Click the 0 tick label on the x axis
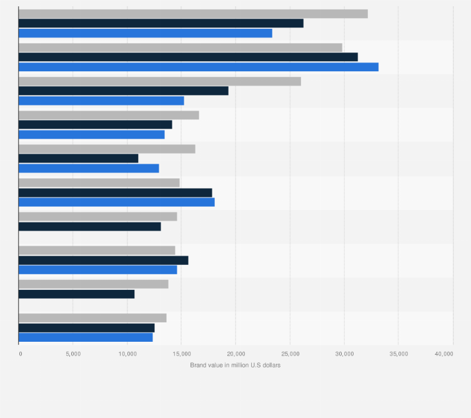pyautogui.click(x=21, y=354)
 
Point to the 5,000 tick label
pyautogui.click(x=73, y=354)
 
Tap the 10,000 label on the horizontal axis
pyautogui.click(x=127, y=354)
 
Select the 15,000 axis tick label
pyautogui.click(x=181, y=354)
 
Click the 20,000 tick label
pyautogui.click(x=235, y=354)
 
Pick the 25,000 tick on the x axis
pyautogui.click(x=290, y=354)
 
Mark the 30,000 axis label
pyautogui.click(x=344, y=354)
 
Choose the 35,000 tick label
pyautogui.click(x=399, y=354)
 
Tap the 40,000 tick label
pyautogui.click(x=444, y=354)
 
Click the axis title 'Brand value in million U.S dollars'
pyautogui.click(x=235, y=365)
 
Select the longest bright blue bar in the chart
pyautogui.click(x=199, y=67)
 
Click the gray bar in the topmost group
pyautogui.click(x=193, y=14)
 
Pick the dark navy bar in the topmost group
pyautogui.click(x=161, y=23)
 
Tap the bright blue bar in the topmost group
pyautogui.click(x=146, y=33)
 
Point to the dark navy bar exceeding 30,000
pyautogui.click(x=188, y=57)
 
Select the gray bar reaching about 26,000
pyautogui.click(x=160, y=81)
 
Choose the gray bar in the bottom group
pyautogui.click(x=92, y=318)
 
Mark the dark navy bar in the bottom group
pyautogui.click(x=87, y=327)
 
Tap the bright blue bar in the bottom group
pyautogui.click(x=86, y=337)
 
